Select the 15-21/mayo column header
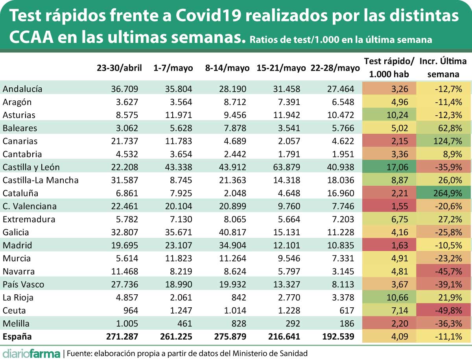281,68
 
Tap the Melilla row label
16,323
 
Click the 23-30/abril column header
119,68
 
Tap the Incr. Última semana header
443,68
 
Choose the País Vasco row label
23,284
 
